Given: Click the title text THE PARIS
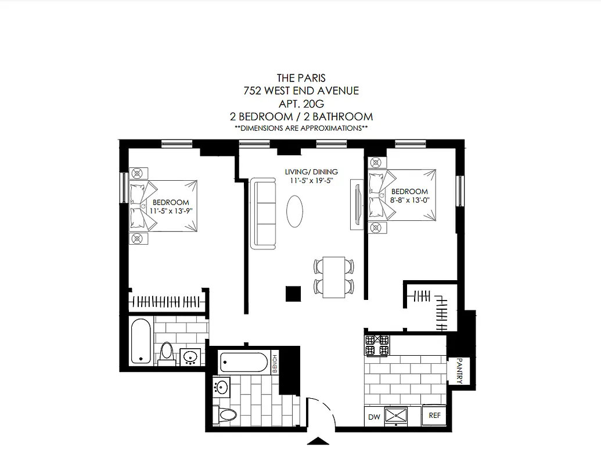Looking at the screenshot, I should point(301,78).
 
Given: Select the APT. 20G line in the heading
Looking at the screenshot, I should point(301,103).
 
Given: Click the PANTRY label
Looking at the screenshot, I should point(459,371).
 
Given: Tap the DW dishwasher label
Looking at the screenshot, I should point(374,416).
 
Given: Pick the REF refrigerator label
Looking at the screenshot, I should point(434,416).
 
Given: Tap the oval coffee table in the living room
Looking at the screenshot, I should point(295,212).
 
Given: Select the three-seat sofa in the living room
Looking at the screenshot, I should point(264,214).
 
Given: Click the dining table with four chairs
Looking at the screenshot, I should point(334,277).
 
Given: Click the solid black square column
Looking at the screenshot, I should point(293,294).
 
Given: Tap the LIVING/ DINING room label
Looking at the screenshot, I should point(311,172).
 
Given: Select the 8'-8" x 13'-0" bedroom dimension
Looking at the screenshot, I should point(409,200).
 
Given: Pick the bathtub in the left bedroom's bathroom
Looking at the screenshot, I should point(141,341).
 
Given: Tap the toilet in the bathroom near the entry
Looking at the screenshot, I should point(227,414).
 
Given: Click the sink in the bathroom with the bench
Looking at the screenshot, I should point(221,385).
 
